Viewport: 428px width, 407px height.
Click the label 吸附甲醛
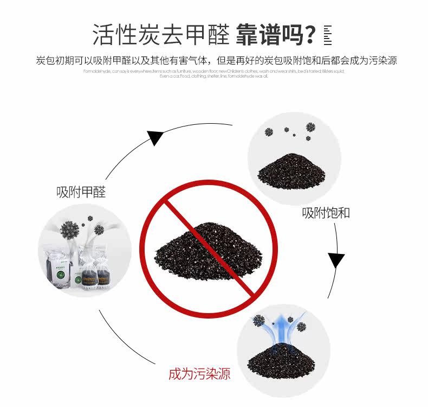click(81, 192)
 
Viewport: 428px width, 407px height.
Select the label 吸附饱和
click(326, 212)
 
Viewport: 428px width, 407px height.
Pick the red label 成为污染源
click(199, 374)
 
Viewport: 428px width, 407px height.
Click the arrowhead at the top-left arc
click(155, 138)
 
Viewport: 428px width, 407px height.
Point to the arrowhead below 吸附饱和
click(336, 261)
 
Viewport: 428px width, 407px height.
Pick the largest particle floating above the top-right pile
click(310, 127)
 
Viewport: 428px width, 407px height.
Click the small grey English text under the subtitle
click(214, 74)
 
